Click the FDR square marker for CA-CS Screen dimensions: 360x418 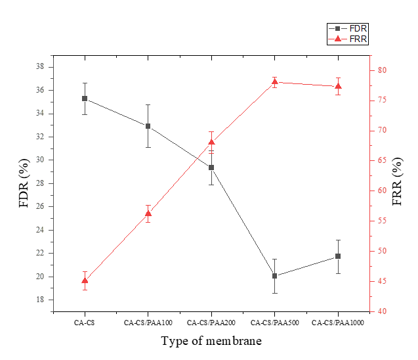pyautogui.click(x=85, y=99)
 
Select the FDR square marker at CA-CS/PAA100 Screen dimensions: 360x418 pyautogui.click(x=148, y=126)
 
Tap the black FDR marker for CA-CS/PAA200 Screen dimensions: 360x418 pyautogui.click(x=211, y=168)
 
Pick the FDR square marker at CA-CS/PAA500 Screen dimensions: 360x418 pyautogui.click(x=275, y=276)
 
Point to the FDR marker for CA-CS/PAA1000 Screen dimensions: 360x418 pyautogui.click(x=338, y=256)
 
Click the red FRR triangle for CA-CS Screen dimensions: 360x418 pyautogui.click(x=85, y=281)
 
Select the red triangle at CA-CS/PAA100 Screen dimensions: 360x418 pyautogui.click(x=148, y=214)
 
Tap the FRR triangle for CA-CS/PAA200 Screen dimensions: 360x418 pyautogui.click(x=211, y=142)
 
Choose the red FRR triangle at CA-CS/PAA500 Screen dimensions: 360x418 pyautogui.click(x=275, y=81)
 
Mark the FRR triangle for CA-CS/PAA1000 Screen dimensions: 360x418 pyautogui.click(x=338, y=86)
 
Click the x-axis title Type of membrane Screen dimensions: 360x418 pyautogui.click(x=211, y=341)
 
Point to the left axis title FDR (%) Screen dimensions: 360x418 pyautogui.click(x=24, y=183)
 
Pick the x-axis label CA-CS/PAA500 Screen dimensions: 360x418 pyautogui.click(x=275, y=323)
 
